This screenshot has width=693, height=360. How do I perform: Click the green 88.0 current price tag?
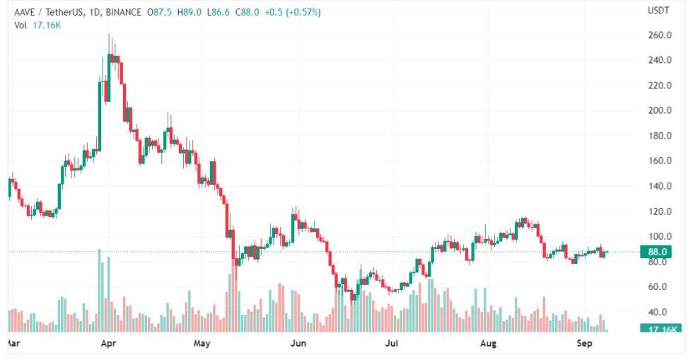click(659, 252)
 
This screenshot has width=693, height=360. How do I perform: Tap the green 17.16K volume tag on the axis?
click(660, 329)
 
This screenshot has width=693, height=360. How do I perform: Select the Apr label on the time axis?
click(108, 344)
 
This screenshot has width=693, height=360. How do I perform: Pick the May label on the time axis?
click(202, 344)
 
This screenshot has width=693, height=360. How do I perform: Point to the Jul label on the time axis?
click(390, 344)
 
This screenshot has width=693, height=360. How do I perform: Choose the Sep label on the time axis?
click(583, 344)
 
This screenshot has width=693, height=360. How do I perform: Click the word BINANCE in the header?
click(123, 12)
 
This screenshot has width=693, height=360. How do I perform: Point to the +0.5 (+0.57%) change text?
click(291, 12)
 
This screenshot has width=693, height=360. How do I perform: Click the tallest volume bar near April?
click(100, 290)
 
